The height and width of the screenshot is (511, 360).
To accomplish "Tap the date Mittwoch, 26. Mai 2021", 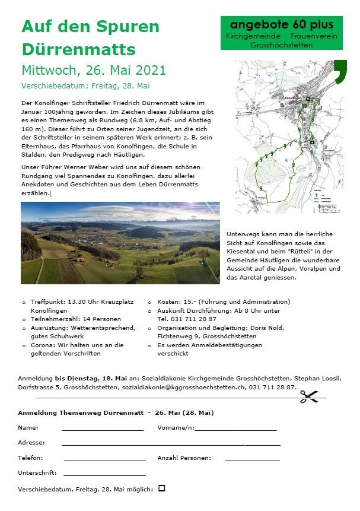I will pyautogui.click(x=94, y=70).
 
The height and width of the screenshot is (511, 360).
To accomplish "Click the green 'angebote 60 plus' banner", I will pyautogui.click(x=282, y=33).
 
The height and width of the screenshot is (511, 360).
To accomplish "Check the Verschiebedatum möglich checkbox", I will pyautogui.click(x=162, y=488).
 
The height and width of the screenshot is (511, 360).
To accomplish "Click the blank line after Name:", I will pyautogui.click(x=102, y=429).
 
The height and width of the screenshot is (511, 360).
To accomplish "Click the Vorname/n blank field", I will pyautogui.click(x=236, y=429).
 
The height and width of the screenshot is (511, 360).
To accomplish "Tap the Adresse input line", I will pyautogui.click(x=171, y=444).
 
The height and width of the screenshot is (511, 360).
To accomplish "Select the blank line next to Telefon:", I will pyautogui.click(x=104, y=459).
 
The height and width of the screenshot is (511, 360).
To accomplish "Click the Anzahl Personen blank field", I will pyautogui.click(x=252, y=459).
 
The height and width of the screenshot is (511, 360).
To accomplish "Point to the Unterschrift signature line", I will pyautogui.click(x=104, y=474).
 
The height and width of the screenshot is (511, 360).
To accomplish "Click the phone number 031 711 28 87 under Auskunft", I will pyautogui.click(x=187, y=319).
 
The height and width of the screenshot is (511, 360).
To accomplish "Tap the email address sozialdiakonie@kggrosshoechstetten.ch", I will pyautogui.click(x=184, y=387).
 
